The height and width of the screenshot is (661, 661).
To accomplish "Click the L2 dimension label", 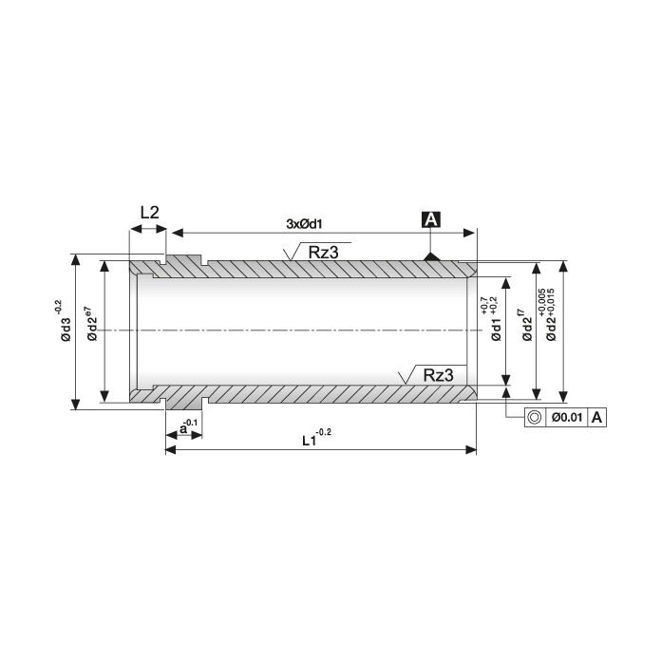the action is tap(150, 213).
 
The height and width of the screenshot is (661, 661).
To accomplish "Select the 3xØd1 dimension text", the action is tap(304, 224).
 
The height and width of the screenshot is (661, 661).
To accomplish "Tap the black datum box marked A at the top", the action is tap(431, 219).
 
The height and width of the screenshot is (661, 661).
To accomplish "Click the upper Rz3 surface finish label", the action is tap(323, 252).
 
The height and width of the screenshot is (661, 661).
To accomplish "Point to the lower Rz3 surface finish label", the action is tap(439, 374).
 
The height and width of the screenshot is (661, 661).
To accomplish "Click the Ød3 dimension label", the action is tap(66, 330).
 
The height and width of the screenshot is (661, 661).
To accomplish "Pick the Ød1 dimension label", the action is tap(496, 330).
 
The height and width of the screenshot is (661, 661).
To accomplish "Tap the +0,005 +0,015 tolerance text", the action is tap(547, 303).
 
